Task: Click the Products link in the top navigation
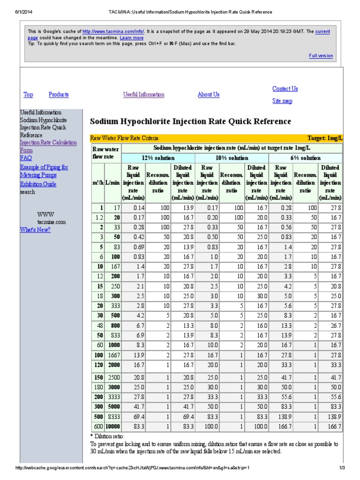[x=59, y=95]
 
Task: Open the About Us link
[x=208, y=95]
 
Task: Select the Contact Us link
[x=285, y=89]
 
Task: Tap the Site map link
[x=282, y=101]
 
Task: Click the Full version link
[x=321, y=56]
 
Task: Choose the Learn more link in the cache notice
[x=132, y=37]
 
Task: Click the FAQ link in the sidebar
[x=26, y=158]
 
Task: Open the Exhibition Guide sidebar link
[x=38, y=184]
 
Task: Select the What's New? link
[x=35, y=230]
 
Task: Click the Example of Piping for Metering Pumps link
[x=44, y=171]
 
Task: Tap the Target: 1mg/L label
[x=325, y=138]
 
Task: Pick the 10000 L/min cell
[x=112, y=426]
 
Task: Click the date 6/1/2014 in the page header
[x=16, y=12]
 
